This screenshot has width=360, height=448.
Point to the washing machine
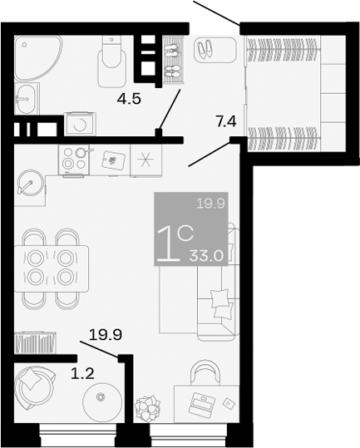(x=80, y=124)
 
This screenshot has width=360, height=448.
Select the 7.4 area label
(x=226, y=122)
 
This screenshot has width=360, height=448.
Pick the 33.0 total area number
(x=208, y=256)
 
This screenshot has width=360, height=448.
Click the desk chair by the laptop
(x=202, y=371)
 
